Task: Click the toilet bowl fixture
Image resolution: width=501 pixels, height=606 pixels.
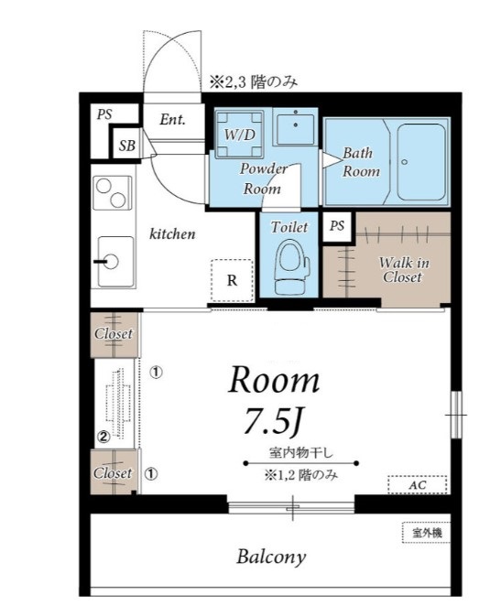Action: (292, 266)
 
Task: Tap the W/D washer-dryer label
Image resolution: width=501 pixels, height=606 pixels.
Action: (240, 135)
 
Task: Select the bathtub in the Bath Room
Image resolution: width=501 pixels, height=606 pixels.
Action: (421, 161)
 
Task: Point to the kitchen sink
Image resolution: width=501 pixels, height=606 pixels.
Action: (114, 262)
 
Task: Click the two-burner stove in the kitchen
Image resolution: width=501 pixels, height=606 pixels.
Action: (113, 192)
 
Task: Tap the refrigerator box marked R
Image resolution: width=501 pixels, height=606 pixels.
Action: (232, 280)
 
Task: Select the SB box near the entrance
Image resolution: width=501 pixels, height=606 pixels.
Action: (127, 146)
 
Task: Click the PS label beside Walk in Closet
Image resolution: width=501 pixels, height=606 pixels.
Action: (337, 226)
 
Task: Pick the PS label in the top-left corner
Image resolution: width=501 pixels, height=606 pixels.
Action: (104, 114)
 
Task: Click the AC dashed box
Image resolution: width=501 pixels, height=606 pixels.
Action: (418, 484)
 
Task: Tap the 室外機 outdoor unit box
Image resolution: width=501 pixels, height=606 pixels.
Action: (427, 533)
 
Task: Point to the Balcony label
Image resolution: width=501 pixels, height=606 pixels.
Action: (271, 557)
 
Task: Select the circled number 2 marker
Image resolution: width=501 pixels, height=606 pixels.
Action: (103, 437)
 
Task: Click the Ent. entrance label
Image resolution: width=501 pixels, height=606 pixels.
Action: (173, 119)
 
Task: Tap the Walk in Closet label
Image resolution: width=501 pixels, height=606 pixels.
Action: (403, 270)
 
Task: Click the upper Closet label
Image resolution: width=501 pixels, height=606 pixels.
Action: (114, 333)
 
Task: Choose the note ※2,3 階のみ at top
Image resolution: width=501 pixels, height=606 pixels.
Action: (254, 82)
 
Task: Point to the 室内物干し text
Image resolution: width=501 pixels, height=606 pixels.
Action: (300, 452)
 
